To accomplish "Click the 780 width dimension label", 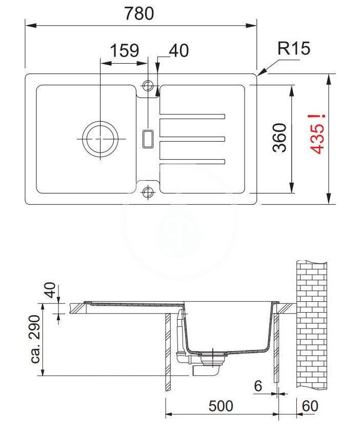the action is coord(139,13).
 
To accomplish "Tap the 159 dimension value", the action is coord(125,50).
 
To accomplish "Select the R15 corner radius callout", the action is coord(294,48).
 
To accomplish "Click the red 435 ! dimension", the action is coord(317,134).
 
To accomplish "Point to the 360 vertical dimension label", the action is coord(280,138).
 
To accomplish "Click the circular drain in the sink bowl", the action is coord(100,139).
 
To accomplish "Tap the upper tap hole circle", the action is coord(148,85).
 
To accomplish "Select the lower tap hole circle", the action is coord(148,192).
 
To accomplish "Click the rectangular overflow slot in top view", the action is coord(148,139).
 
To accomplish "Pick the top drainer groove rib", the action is coord(192,117).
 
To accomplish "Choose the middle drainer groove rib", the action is coord(192,139).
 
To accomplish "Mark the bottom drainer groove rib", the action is coord(192,161).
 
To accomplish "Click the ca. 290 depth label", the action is coord(35,339).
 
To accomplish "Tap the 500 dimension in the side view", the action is coord(221,406).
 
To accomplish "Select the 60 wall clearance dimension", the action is coord(310,406).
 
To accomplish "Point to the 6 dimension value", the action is coord(258,386).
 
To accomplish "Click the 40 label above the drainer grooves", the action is coord(179,50).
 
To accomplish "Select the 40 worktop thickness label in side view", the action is coord(51,289).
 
